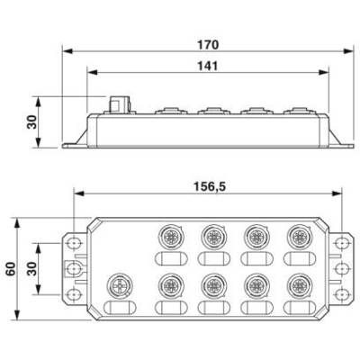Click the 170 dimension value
(x=208, y=45)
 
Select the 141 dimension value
(x=207, y=66)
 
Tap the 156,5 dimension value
(x=210, y=186)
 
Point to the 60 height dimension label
(x=11, y=269)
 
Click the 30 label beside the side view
(x=31, y=122)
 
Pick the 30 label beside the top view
(x=31, y=269)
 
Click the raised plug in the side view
(x=120, y=104)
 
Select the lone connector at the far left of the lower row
(x=120, y=285)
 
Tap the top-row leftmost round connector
(x=171, y=237)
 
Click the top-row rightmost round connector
(x=299, y=237)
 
